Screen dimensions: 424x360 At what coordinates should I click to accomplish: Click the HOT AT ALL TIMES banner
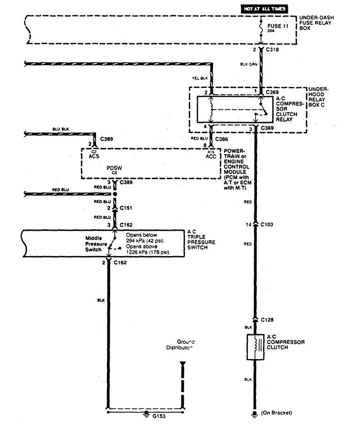point(263,9)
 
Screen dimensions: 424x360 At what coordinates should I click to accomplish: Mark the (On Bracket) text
point(277,413)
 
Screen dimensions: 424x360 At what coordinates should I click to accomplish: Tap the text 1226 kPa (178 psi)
point(148,252)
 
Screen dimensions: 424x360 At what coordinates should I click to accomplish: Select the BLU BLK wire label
point(61,129)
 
